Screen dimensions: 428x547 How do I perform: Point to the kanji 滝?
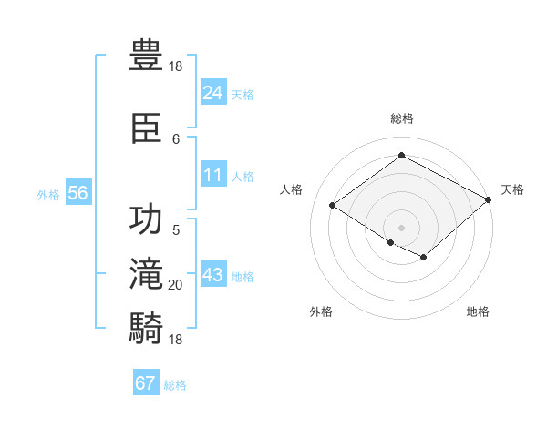[147, 273]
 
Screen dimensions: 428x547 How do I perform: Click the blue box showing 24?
[213, 92]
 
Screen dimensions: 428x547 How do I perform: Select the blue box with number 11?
[213, 175]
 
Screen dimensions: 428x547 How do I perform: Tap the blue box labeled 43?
[213, 275]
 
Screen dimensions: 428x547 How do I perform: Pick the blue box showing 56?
[77, 193]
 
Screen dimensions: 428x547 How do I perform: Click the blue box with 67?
[146, 383]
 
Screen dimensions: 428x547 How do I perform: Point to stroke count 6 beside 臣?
[176, 138]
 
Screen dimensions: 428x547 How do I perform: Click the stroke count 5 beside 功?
[176, 230]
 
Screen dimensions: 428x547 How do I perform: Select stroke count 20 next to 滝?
[176, 285]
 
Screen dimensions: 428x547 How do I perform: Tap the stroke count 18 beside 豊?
[176, 66]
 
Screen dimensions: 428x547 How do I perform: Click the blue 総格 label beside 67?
[175, 385]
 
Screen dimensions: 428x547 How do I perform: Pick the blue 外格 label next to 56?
[48, 194]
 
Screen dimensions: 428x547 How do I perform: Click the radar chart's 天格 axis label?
[512, 189]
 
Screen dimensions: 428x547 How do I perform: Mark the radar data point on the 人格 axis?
[333, 206]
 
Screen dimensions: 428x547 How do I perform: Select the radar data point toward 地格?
[425, 259]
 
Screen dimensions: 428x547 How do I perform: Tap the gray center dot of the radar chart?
[400, 226]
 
